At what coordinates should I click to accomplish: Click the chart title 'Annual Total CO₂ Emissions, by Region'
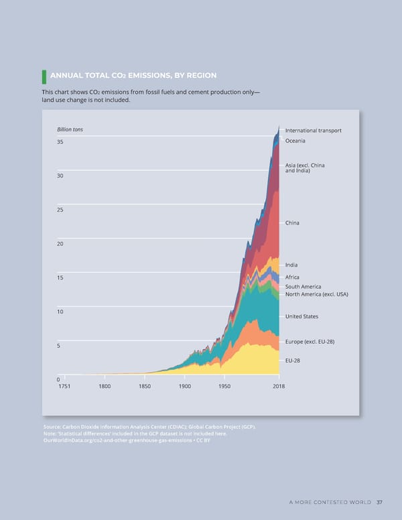133,75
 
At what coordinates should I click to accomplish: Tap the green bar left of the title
44,75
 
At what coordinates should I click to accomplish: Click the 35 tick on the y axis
61,142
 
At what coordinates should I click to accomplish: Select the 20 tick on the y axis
61,244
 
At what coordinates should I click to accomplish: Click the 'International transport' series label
313,130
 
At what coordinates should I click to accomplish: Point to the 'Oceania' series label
295,141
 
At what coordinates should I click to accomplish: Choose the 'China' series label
292,222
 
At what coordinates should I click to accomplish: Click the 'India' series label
291,265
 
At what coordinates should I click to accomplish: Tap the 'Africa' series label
292,277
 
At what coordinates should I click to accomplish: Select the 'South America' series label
303,287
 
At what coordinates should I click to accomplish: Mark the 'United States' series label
301,316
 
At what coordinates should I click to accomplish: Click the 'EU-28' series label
293,361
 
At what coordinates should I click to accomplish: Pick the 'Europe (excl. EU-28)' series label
310,342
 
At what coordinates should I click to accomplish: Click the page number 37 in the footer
379,503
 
